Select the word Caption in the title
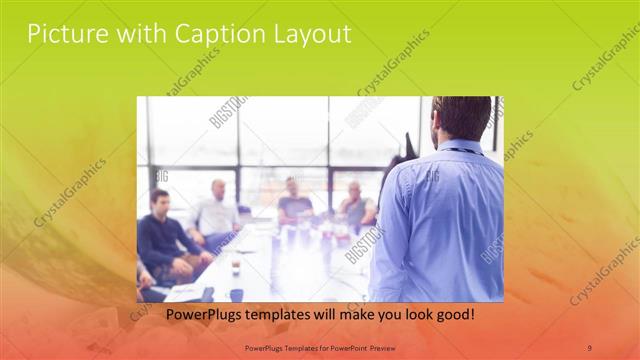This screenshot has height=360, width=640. pos(213,34)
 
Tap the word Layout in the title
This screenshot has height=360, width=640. pos(308,35)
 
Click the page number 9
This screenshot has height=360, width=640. pos(589,347)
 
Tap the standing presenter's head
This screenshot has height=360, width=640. pos(462,117)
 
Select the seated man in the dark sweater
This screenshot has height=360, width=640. pos(160,240)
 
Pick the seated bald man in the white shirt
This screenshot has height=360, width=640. pos(217,212)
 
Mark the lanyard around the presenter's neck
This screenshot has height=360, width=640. pos(462,150)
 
